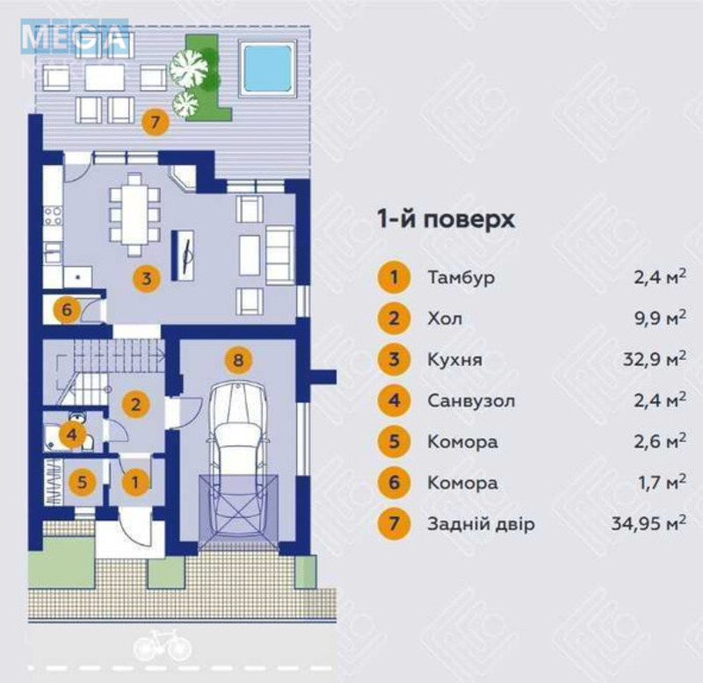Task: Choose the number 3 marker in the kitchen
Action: click(147, 279)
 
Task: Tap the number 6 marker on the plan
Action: click(69, 309)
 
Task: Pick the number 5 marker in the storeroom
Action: click(83, 481)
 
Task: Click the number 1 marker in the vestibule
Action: click(134, 481)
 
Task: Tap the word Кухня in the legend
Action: click(454, 360)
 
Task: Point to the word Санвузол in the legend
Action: click(471, 400)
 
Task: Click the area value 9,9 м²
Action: click(659, 319)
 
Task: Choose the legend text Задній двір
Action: click(481, 524)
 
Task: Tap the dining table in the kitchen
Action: click(134, 211)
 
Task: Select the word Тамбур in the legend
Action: click(461, 278)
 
